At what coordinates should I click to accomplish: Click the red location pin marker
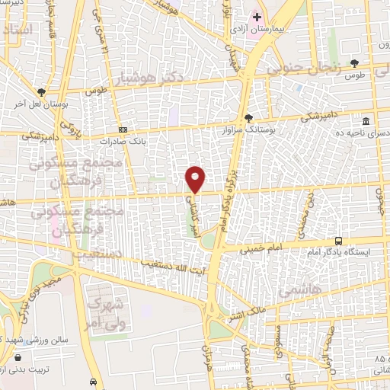click(196, 178)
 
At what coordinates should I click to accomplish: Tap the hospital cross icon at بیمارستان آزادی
click(258, 17)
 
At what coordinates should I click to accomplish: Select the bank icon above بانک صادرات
click(123, 129)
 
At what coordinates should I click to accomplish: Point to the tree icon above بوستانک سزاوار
click(248, 117)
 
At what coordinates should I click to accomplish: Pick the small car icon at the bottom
click(93, 381)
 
